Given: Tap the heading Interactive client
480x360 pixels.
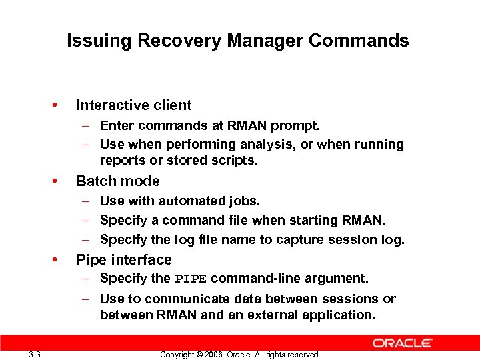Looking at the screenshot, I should click(x=134, y=105).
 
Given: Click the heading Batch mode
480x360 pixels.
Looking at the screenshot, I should click(x=118, y=181).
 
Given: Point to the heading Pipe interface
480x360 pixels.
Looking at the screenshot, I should click(x=124, y=260).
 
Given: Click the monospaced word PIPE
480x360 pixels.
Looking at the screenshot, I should click(x=191, y=279).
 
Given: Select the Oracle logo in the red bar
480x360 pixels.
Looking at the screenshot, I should click(x=403, y=343).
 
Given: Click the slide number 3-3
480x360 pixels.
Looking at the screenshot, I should click(x=35, y=354).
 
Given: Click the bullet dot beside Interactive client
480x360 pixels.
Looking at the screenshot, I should click(x=56, y=105).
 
